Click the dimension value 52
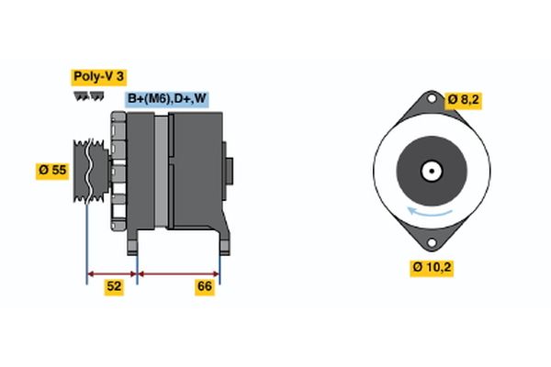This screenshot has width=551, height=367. click(113, 287)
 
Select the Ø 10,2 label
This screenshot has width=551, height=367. click(431, 268)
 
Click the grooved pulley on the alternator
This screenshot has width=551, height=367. click(88, 171)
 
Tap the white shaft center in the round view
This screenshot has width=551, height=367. click(430, 171)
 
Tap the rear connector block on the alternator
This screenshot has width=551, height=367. click(230, 171)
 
